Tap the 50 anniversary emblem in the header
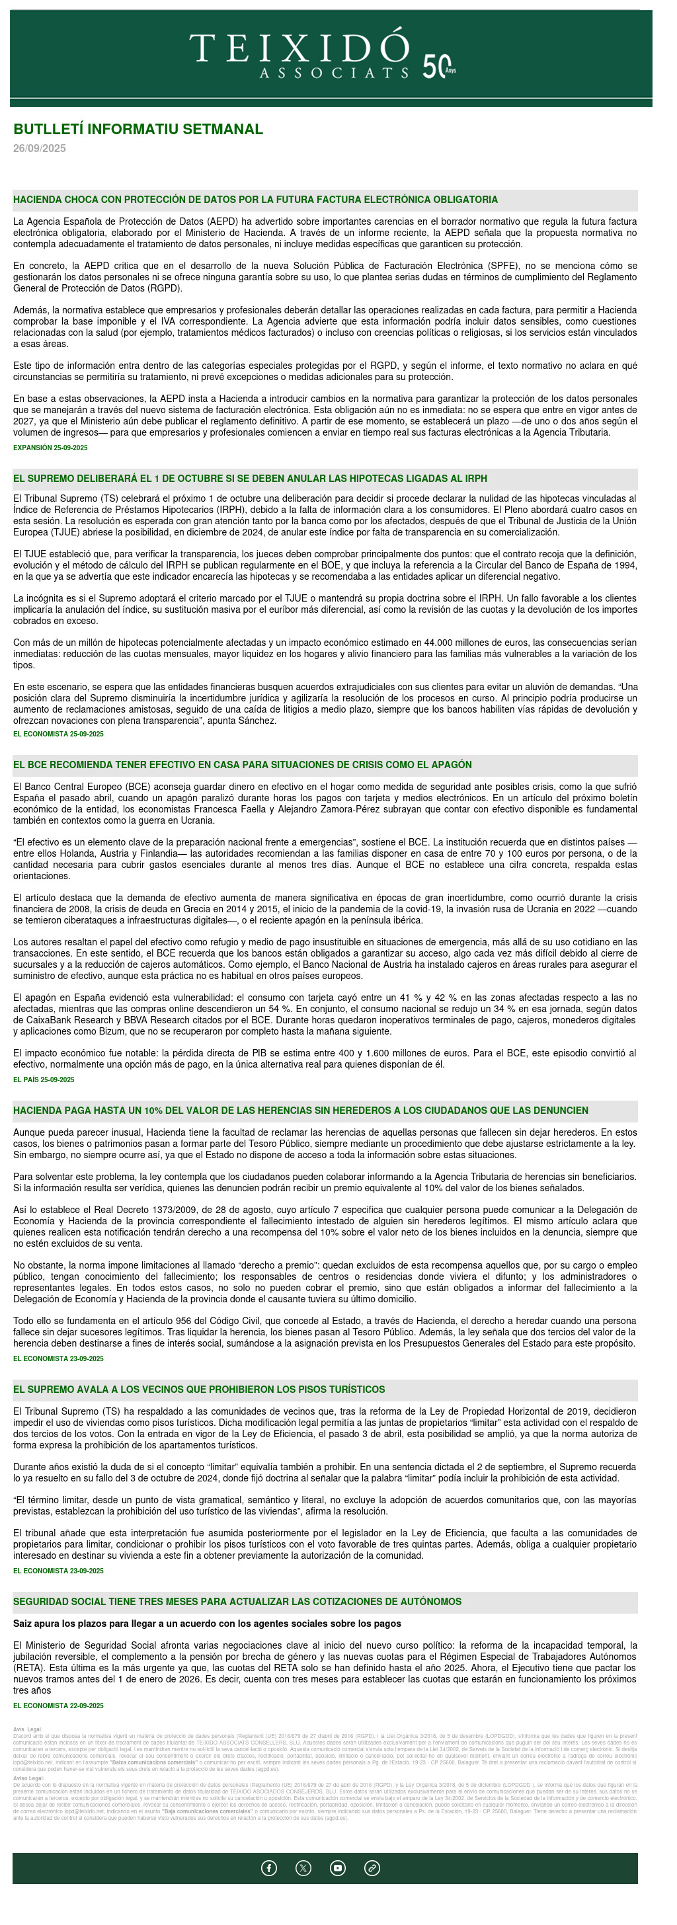tap(438, 67)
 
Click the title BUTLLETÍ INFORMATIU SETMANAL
tap(138, 130)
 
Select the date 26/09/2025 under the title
tap(40, 149)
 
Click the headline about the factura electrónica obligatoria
tap(255, 200)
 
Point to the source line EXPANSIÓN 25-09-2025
tap(50, 448)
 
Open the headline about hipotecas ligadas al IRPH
tap(250, 478)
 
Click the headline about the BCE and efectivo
tap(242, 764)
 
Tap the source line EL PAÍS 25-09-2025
tap(44, 1080)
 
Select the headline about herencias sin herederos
tap(300, 1111)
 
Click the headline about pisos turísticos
tap(199, 1389)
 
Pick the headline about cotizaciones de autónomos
tap(237, 1602)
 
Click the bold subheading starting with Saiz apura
tap(207, 1623)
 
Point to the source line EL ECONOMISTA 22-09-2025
tap(58, 1706)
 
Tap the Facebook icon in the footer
tap(269, 1867)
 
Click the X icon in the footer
tap(303, 1867)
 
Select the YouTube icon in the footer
tap(338, 1867)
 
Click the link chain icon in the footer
tap(372, 1867)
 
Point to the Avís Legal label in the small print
tap(28, 1729)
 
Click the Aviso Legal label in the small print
tap(28, 1778)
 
